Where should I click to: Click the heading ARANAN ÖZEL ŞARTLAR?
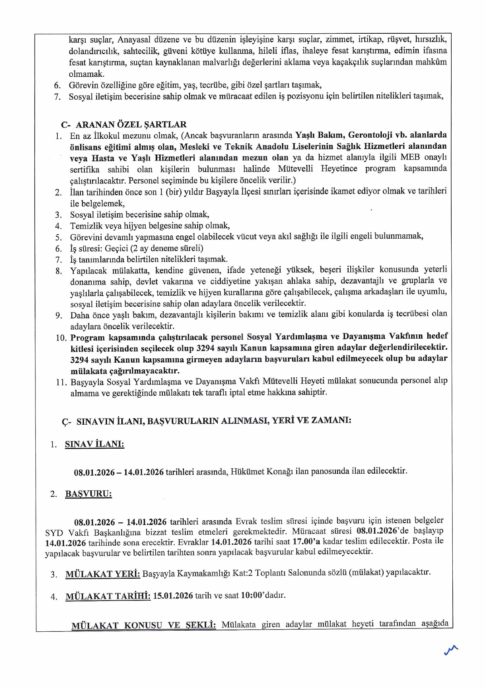(131, 124)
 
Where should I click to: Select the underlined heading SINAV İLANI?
(94, 444)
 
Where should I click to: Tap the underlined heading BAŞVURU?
(88, 494)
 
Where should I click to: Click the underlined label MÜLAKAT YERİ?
(103, 574)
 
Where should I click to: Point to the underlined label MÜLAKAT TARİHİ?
(108, 596)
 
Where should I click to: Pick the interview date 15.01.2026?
(173, 596)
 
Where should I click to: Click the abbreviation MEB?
(410, 157)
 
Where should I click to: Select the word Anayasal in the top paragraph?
(134, 39)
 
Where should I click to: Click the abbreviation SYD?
(54, 533)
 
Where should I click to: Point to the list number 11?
(61, 382)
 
